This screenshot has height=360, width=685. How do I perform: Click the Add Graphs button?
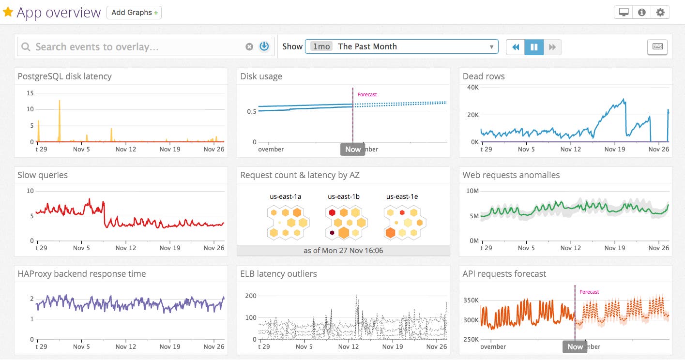134,13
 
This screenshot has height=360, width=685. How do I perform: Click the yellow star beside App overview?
8,12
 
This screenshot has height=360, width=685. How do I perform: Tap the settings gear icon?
660,13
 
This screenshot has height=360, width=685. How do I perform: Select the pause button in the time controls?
534,47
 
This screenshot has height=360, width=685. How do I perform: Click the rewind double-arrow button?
516,47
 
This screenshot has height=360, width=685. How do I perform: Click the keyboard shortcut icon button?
657,47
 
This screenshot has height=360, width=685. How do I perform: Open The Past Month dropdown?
401,46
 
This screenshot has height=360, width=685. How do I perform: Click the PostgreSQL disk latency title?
64,76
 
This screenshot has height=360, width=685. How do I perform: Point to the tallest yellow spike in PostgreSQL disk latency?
59,101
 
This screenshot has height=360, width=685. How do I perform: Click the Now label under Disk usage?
352,149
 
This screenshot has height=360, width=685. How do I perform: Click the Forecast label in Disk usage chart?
367,94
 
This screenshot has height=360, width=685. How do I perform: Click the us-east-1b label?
343,196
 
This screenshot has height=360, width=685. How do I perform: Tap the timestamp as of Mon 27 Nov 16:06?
343,250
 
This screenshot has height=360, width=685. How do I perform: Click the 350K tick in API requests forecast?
471,300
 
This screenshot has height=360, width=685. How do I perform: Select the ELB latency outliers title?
278,274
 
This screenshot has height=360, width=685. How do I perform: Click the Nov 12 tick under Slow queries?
125,248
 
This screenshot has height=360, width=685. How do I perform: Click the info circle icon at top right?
642,13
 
